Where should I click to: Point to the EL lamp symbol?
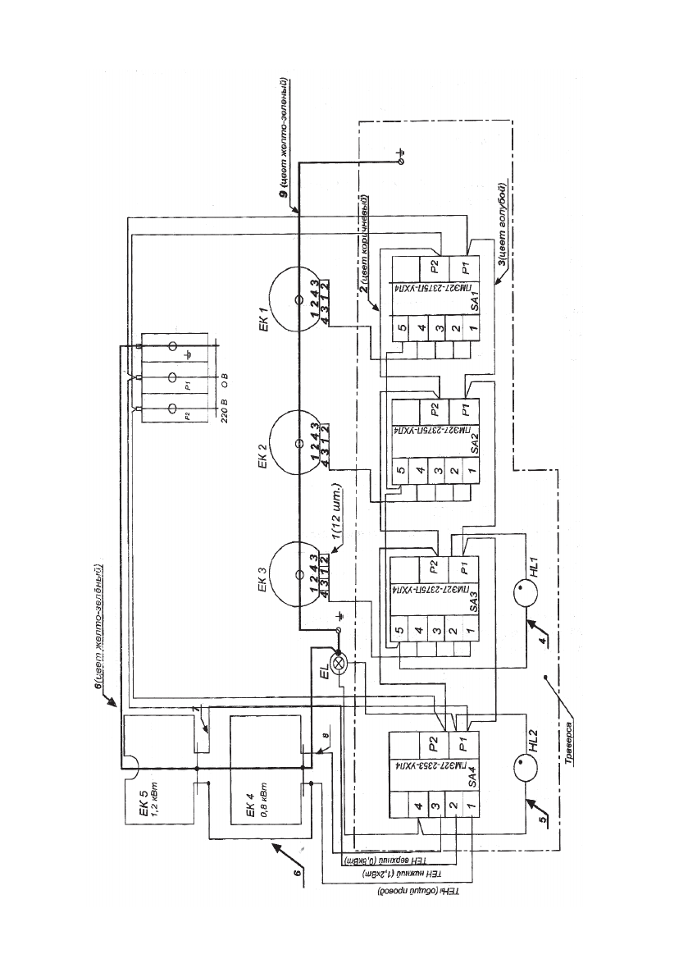tap(339, 663)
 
